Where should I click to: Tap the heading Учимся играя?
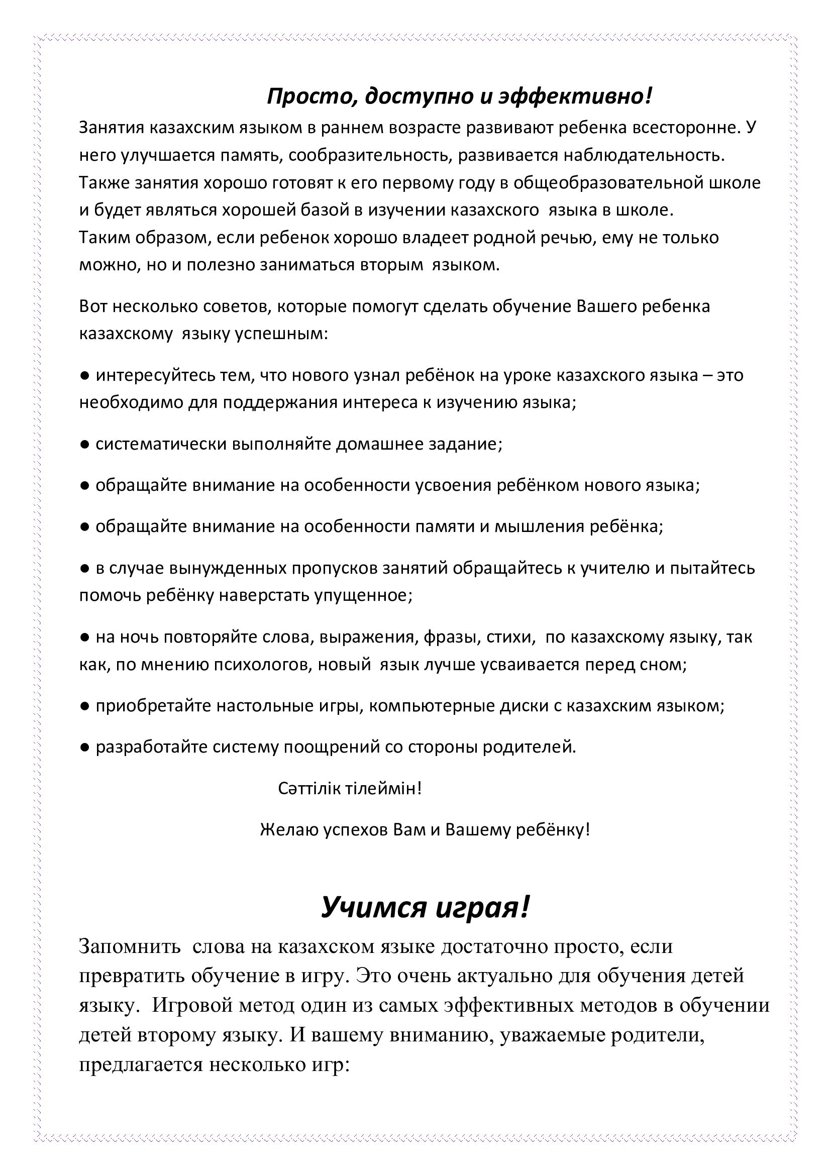424,907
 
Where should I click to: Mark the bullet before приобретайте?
85,706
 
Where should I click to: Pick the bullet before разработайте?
85,747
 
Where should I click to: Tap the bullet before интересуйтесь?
85,376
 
